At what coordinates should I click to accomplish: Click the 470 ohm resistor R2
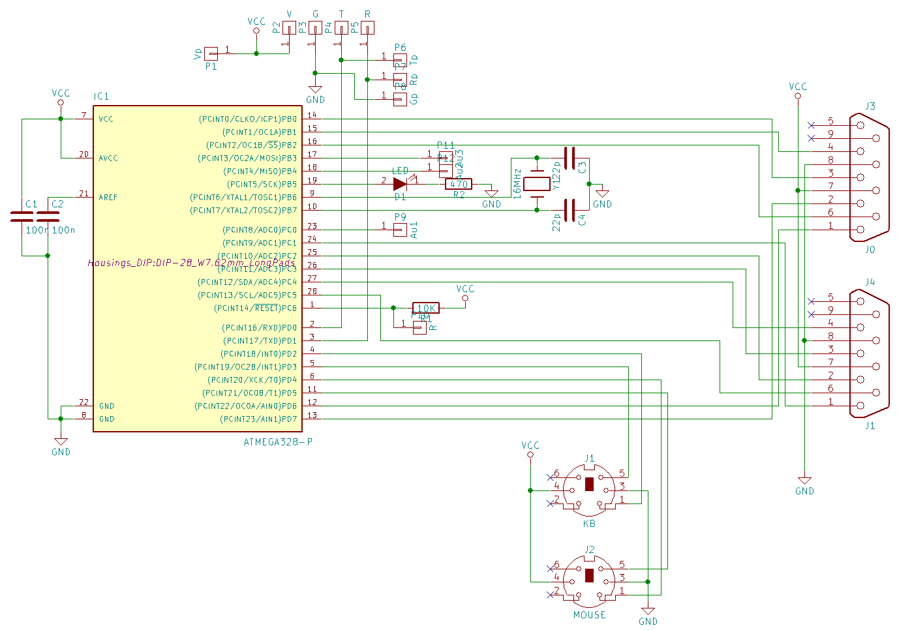[458, 184]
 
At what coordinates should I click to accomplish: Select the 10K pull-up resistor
[426, 308]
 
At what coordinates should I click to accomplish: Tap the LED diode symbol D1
[400, 184]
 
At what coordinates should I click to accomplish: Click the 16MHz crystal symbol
[537, 184]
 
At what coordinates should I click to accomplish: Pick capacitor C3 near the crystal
[570, 158]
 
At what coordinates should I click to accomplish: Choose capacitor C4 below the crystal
[570, 210]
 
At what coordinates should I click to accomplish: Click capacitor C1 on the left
[22, 217]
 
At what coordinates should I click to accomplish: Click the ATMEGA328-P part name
[278, 442]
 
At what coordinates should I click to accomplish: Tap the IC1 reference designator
[101, 97]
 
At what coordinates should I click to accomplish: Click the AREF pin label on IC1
[108, 197]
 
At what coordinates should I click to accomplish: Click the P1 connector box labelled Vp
[211, 53]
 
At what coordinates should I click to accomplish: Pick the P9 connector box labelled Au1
[400, 229]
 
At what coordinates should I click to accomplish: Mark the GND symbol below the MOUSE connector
[648, 613]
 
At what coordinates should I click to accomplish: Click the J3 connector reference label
[870, 106]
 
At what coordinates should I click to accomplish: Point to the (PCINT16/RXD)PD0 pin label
[260, 327]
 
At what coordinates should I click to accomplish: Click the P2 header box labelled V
[289, 27]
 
